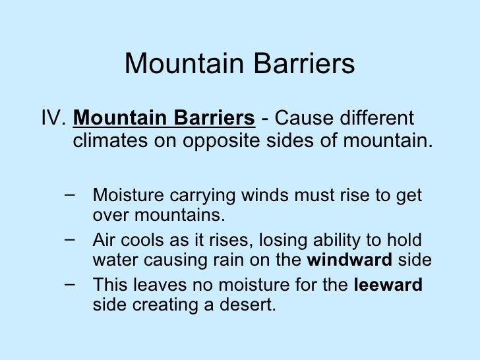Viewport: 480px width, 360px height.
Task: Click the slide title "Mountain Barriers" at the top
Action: point(239,65)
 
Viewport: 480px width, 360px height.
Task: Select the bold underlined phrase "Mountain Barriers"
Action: point(164,120)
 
